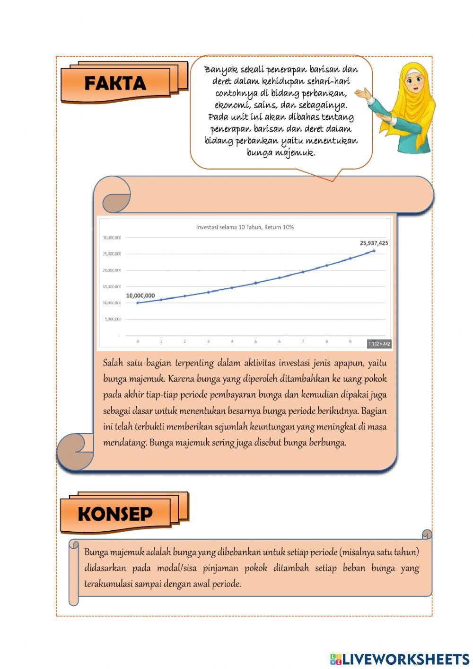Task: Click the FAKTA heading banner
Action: pos(115,84)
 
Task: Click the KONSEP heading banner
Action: pos(115,514)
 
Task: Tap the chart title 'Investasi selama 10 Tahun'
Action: pos(245,227)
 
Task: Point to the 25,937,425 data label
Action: pos(374,243)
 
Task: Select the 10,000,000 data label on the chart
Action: pos(140,295)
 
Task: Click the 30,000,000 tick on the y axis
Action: pos(112,238)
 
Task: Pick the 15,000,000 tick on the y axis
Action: pos(112,286)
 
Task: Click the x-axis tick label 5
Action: pos(255,341)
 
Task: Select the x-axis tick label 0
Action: pos(138,341)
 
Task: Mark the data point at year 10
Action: pos(374,250)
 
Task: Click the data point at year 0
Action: pos(138,303)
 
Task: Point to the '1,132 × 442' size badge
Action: pos(379,344)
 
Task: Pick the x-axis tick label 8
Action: pos(326,341)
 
